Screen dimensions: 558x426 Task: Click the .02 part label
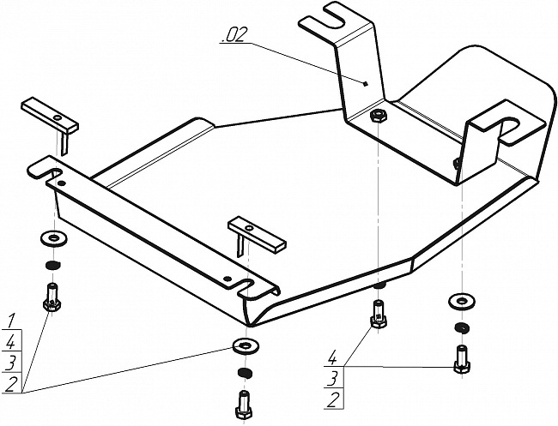[x=234, y=35]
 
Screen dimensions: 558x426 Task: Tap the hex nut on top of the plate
[x=379, y=116]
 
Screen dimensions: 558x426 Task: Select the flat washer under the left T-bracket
[x=54, y=237]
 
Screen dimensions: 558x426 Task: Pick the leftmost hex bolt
[x=52, y=297]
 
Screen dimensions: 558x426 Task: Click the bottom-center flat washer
[x=246, y=346]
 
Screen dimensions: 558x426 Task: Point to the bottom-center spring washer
[x=244, y=373]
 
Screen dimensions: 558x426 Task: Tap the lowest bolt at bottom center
[x=244, y=405]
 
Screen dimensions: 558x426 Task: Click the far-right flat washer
[x=461, y=302]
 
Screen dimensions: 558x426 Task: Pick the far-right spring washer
[x=462, y=328]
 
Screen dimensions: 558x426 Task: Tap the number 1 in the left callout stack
[x=11, y=321]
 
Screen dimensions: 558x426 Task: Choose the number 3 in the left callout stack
[x=11, y=363]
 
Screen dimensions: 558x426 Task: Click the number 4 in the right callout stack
[x=331, y=357]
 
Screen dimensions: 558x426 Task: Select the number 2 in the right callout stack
[x=333, y=399]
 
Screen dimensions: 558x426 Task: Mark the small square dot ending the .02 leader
[x=365, y=84]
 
